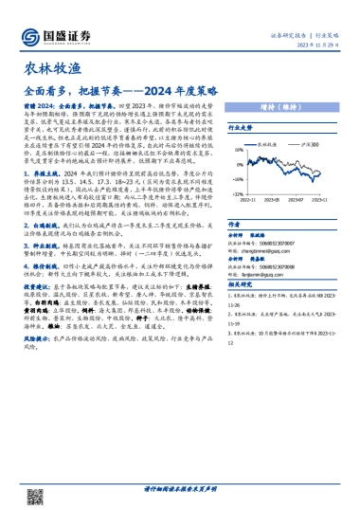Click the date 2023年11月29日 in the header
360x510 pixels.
(321, 44)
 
